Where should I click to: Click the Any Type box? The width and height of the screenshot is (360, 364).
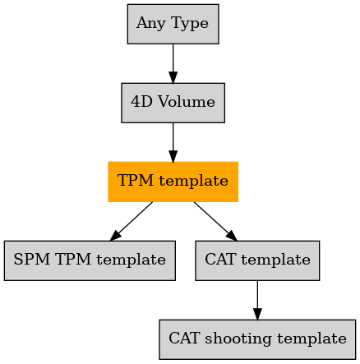173,24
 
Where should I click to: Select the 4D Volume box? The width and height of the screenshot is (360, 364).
173,103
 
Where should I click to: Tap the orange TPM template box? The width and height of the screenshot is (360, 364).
173,182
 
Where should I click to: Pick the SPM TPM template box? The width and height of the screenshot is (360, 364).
90,260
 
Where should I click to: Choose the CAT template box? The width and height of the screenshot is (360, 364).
257,260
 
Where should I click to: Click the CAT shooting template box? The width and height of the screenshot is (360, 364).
257,339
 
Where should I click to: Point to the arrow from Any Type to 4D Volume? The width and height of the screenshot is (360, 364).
173,63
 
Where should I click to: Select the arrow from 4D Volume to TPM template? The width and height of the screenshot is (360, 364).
173,142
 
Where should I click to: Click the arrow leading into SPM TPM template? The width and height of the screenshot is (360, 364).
132,221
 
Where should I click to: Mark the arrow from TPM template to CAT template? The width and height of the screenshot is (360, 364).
215,221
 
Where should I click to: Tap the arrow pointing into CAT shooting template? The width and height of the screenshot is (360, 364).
257,300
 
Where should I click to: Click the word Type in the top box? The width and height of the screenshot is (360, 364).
190,24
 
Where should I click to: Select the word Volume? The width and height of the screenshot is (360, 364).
187,102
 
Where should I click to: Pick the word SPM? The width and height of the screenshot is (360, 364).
32,259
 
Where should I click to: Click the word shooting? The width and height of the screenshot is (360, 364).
238,339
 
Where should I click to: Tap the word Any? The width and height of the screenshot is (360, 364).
150,24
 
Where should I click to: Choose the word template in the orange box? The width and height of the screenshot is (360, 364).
193,181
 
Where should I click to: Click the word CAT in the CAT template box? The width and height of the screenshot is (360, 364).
220,259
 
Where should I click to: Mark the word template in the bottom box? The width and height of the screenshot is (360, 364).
312,339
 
